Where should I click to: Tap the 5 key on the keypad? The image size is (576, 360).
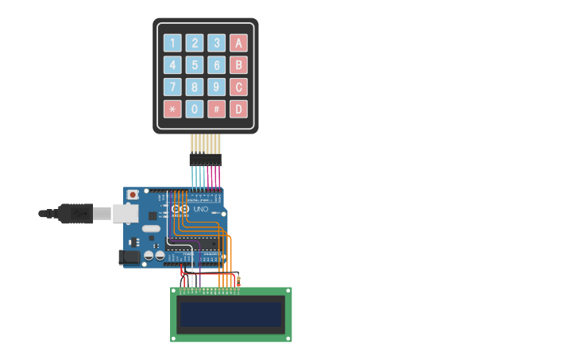195,65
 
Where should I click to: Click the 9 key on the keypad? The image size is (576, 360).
216,87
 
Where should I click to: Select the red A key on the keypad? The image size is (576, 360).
238,43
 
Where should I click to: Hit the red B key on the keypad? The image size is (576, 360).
238,65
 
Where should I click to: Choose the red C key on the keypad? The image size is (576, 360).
238,87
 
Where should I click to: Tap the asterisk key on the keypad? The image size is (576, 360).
172,109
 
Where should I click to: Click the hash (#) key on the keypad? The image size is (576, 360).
216,109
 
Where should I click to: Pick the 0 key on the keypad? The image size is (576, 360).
195,109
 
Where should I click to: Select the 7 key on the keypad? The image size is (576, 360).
172,87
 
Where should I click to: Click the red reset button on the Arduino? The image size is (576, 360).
133,195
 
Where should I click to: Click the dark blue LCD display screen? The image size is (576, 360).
231,315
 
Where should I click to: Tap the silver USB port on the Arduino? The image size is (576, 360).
125,213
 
